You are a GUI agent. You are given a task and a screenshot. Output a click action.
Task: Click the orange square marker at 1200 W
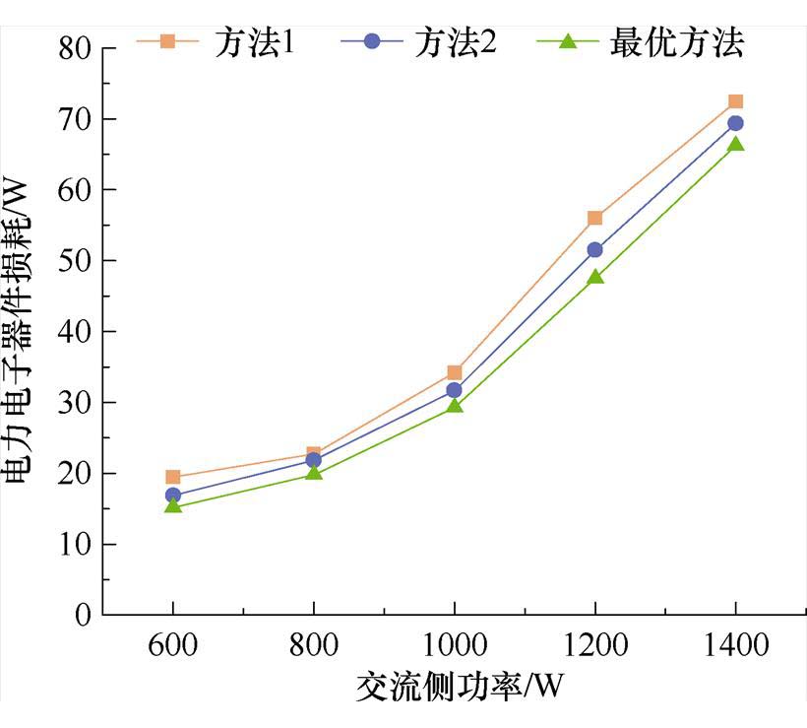(594, 218)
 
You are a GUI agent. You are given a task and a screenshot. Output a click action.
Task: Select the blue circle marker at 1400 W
(735, 123)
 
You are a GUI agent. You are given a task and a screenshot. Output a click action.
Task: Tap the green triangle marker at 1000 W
(454, 404)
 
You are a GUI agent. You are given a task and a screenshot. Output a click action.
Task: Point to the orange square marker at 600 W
(173, 477)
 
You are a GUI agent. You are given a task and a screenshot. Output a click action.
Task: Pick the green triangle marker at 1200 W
(594, 276)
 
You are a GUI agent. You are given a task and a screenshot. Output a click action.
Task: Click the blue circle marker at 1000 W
(454, 390)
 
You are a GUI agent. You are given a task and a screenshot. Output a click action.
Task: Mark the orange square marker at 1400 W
(735, 101)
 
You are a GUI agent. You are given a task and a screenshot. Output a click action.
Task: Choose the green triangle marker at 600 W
(173, 505)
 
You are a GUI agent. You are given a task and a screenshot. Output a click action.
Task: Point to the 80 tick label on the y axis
(69, 47)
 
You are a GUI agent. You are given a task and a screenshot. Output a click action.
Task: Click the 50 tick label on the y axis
(69, 260)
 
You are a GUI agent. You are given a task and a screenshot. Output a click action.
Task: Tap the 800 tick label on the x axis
(313, 646)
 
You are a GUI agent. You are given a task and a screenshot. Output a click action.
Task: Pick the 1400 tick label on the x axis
(735, 646)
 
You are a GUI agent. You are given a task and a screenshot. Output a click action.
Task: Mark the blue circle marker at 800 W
(313, 460)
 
